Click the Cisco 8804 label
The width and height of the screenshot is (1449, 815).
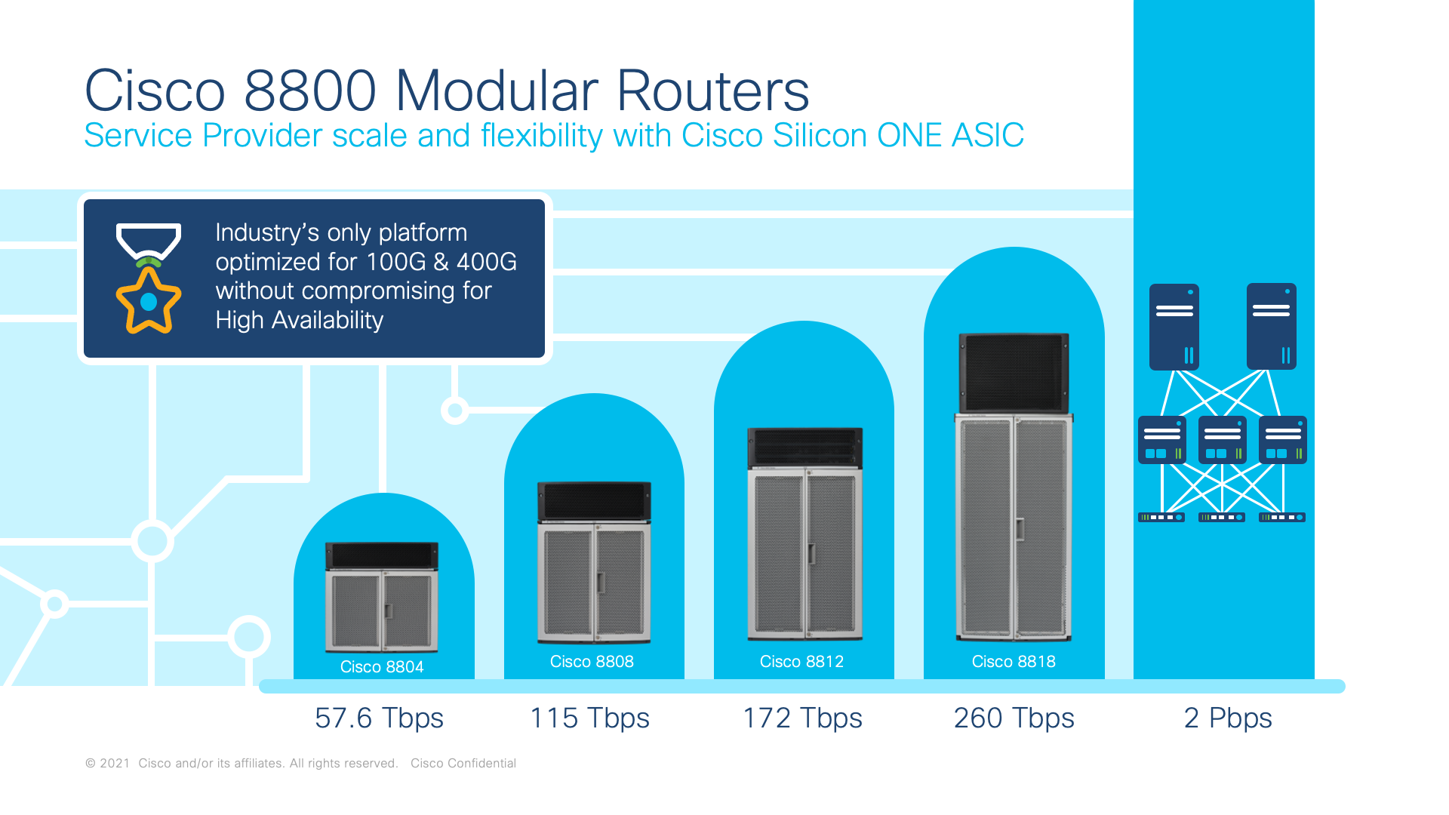coord(382,667)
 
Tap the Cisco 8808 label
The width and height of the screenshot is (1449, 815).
coord(592,662)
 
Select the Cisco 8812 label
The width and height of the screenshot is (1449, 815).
coord(801,662)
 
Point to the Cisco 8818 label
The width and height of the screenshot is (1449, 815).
coord(1014,662)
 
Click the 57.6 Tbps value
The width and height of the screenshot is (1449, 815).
coord(379,718)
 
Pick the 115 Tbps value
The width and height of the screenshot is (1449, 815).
coord(589,718)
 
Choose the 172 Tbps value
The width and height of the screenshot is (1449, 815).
coord(802,718)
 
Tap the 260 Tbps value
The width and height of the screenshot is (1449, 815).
coord(1014,718)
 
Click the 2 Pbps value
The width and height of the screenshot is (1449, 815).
coord(1228,718)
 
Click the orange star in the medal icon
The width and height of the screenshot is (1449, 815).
coord(149,300)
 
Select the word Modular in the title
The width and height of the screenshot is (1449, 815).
coord(496,91)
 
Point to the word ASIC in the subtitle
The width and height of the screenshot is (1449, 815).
coord(988,136)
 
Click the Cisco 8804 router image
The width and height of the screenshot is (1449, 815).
coord(382,597)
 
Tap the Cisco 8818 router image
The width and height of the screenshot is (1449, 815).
coord(1014,487)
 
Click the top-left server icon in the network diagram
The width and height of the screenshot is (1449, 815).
coord(1174,327)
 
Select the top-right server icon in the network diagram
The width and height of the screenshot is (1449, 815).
coord(1272,327)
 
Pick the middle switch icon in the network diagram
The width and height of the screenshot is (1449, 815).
coord(1223,440)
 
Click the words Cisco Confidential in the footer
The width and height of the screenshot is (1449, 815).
coord(463,764)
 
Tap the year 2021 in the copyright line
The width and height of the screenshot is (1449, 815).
coord(115,764)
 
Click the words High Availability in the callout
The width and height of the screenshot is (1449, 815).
coord(300,320)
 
